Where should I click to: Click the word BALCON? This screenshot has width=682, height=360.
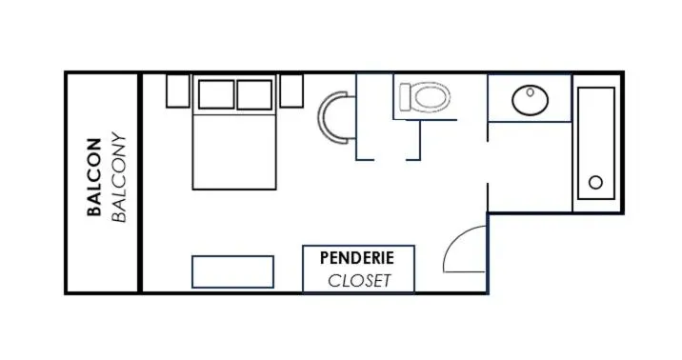94,177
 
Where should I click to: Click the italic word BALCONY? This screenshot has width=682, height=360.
119,177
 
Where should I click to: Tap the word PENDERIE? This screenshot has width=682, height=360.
357,258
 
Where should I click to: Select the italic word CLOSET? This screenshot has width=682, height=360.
359,281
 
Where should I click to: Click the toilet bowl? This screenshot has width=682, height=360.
431,97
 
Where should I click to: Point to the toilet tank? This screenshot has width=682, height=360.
406,98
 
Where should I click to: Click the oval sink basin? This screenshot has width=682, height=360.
530,100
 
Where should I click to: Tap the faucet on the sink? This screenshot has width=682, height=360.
530,92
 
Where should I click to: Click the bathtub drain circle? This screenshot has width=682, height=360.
595,182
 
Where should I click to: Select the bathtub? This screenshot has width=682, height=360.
596,144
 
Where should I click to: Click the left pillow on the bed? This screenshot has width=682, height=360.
216,94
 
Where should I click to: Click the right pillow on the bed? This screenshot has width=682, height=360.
254,94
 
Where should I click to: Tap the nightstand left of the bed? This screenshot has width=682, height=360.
178,90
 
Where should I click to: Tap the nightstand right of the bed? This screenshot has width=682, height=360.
291,90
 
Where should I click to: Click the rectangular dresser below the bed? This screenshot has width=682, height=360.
232,271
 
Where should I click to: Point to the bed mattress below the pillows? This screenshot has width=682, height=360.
234,152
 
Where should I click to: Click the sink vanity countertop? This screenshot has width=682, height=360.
530,98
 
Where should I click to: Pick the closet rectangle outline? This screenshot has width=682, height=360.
358,246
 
